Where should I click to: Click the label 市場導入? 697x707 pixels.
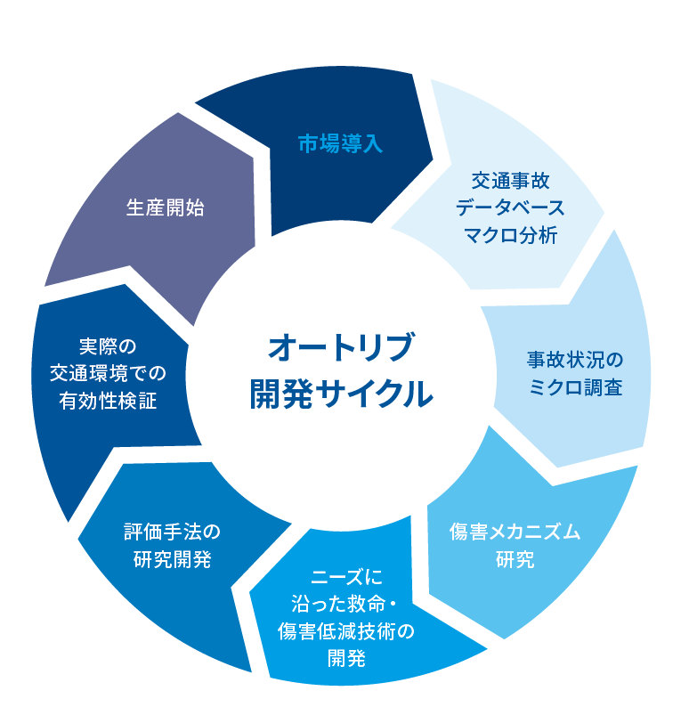point(340,144)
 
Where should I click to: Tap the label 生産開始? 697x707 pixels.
point(166,208)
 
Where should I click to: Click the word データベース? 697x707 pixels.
point(510,208)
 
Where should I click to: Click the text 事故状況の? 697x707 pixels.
point(574,361)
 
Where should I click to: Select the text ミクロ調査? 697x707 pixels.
point(574,388)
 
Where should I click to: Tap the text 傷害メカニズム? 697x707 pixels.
point(515,532)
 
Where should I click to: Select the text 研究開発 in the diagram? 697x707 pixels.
point(172,560)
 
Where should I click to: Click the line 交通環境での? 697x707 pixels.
point(108,374)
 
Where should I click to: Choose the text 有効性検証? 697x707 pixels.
point(108,402)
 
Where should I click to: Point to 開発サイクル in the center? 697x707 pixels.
point(342,391)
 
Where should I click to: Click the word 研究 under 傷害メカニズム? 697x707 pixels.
point(515,560)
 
